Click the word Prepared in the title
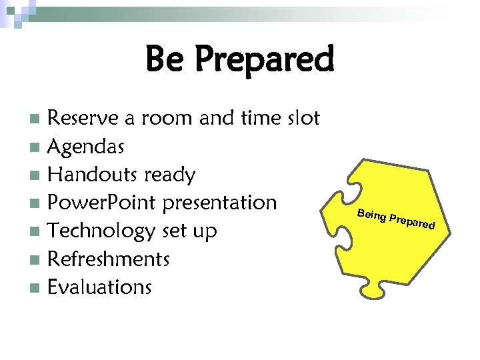(x=264, y=60)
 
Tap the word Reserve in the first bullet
(x=85, y=119)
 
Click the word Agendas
(x=86, y=147)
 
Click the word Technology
(x=102, y=231)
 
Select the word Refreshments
(x=109, y=259)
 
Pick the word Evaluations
(x=100, y=287)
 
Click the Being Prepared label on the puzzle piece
(x=396, y=218)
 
